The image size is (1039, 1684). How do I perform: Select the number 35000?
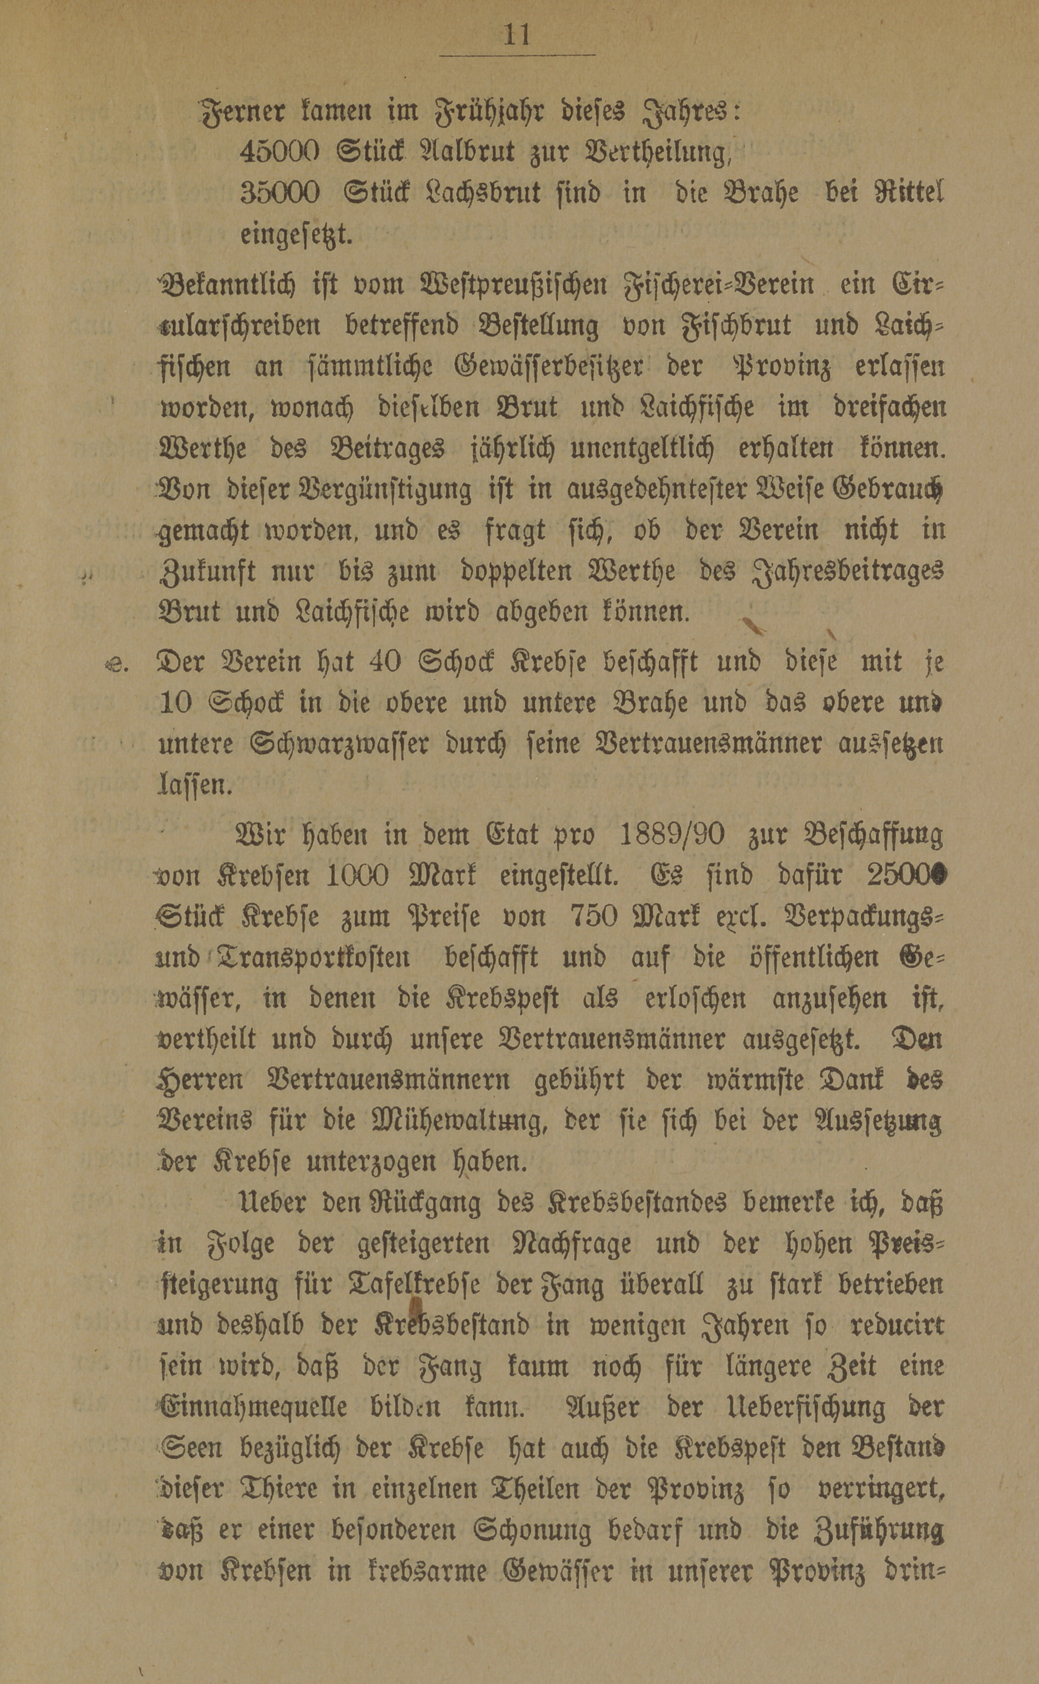(x=280, y=194)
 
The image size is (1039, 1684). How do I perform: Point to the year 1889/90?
(x=671, y=835)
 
